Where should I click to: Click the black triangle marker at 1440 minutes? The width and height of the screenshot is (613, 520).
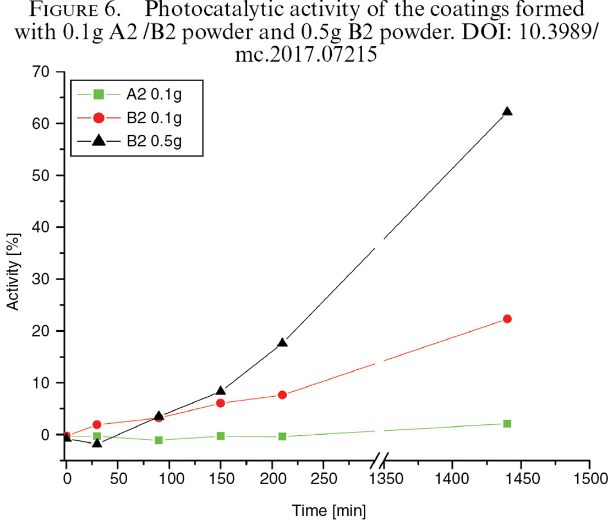tap(507, 111)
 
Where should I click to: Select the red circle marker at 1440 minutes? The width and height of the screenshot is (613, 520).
tap(507, 319)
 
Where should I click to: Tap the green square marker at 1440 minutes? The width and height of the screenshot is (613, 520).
tap(507, 424)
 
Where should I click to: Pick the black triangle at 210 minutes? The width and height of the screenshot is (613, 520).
tap(282, 342)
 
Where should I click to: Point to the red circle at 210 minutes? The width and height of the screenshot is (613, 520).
tap(282, 395)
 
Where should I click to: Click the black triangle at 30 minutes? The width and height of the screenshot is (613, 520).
tap(97, 443)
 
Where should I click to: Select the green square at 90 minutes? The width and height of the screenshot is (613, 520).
tap(158, 440)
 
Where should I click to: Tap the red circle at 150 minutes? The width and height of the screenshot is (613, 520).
tap(221, 403)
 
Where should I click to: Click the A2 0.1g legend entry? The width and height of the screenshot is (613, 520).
tap(129, 95)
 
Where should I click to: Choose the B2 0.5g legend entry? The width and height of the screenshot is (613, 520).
tap(129, 141)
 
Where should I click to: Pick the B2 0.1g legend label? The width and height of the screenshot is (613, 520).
tap(154, 118)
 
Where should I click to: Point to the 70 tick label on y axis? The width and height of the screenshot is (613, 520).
tap(41, 72)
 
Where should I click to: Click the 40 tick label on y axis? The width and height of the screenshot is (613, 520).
tap(41, 227)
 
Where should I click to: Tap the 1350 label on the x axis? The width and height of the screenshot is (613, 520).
tap(386, 479)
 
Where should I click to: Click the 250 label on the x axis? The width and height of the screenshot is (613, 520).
tap(324, 479)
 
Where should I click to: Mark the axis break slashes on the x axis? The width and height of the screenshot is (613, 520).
tap(379, 460)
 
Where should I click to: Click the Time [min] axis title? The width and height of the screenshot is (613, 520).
tap(329, 511)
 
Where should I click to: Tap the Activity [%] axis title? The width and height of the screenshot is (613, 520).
tap(13, 272)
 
